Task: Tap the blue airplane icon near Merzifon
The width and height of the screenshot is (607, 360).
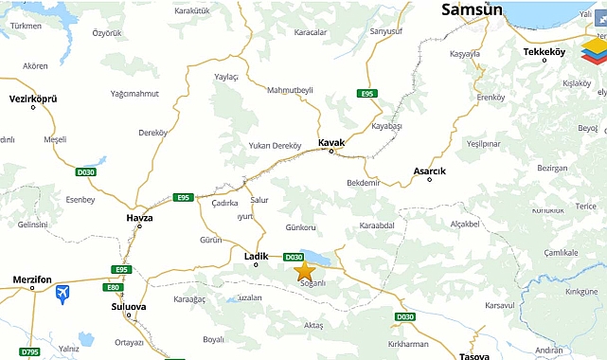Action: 62,294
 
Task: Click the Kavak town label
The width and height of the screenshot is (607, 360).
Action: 330,142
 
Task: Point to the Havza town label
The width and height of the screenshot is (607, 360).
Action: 139,217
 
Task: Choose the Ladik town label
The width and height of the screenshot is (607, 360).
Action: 257,256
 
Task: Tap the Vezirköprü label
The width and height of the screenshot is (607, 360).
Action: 33,98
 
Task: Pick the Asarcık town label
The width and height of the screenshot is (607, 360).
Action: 429,171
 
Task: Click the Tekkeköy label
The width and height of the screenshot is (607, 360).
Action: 544,51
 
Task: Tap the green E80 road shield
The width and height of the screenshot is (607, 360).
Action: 114,287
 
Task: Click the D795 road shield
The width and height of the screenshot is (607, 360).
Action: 30,352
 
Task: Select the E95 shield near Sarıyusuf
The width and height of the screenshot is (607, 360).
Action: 367,93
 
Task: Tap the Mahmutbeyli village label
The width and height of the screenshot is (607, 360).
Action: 290,90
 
